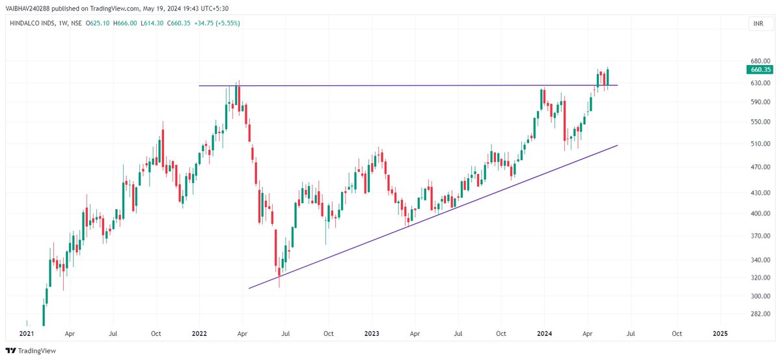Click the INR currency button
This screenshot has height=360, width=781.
click(758, 24)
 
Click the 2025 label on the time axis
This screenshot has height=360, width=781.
click(720, 333)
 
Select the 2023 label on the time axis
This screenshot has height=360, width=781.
click(372, 333)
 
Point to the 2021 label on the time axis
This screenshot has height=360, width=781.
click(26, 333)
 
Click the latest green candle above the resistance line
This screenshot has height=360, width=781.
click(608, 77)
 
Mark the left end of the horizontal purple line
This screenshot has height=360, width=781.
click(199, 86)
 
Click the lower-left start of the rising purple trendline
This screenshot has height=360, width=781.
click(249, 288)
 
